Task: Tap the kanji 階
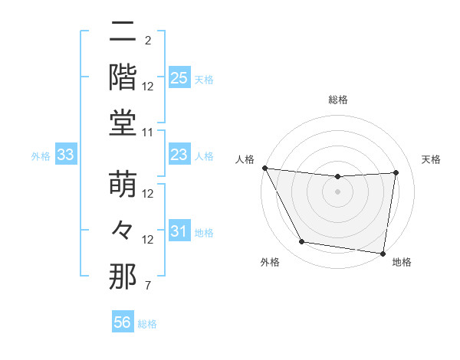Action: [123, 77]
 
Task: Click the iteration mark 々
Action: [123, 230]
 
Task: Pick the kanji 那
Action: [123, 277]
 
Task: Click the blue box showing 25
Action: [179, 78]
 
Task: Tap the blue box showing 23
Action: [179, 155]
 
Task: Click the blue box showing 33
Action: [66, 155]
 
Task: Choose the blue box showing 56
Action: [123, 322]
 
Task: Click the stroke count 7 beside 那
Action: [148, 286]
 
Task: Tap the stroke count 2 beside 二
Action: [148, 41]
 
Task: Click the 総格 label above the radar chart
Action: [338, 100]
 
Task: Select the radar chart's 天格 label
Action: [431, 159]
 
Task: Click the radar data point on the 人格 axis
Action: [264, 168]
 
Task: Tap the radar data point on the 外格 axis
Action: [302, 242]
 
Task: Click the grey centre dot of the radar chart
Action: [338, 191]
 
